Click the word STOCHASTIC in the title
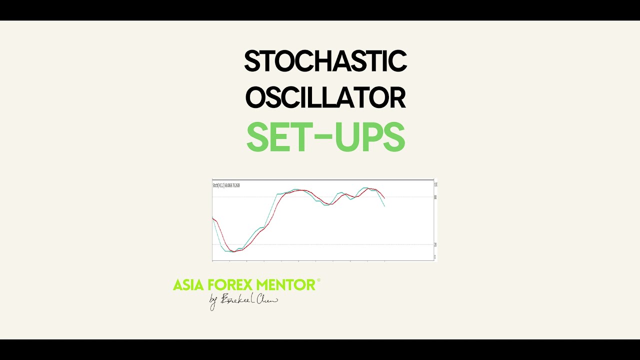point(325,61)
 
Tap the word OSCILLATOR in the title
point(325,97)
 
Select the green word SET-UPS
point(325,137)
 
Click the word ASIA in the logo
point(188,285)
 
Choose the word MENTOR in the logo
point(285,285)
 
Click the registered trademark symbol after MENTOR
point(318,281)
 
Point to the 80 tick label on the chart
point(435,197)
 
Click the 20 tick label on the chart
point(435,244)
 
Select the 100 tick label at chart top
point(435,184)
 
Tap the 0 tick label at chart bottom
point(434,257)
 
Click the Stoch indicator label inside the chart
point(226,185)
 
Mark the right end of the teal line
point(384,206)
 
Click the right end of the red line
point(384,198)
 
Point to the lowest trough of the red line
point(234,251)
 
